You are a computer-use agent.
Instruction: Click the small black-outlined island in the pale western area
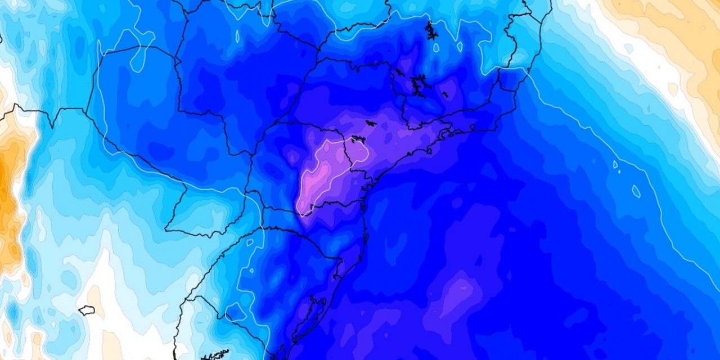click(x=86, y=310)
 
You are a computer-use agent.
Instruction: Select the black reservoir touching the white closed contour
click(x=358, y=139)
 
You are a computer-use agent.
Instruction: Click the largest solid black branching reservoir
click(x=417, y=85)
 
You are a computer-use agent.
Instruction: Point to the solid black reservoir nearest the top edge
click(x=431, y=31)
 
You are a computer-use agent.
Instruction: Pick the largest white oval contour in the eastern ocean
click(x=636, y=191)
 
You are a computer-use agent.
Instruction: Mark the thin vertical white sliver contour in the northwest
click(x=237, y=37)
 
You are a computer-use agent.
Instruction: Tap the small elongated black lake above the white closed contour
click(x=371, y=122)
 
